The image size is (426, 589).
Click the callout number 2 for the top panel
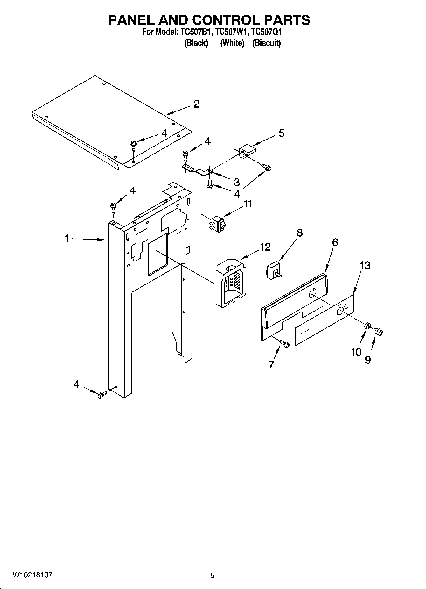point(197,104)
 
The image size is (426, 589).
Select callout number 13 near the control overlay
point(365,265)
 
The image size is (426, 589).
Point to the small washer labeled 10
point(367,326)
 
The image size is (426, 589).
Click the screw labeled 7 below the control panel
point(285,344)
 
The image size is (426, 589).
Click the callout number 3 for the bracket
point(236,182)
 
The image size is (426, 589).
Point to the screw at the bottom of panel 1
point(102,394)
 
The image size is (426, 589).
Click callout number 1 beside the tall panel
point(67,238)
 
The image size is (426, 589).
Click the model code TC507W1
point(231,32)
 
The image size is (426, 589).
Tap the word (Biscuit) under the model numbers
point(267,43)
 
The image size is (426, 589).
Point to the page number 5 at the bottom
point(213,575)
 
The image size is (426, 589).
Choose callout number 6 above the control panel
point(335,242)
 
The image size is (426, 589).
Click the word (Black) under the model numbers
point(196,43)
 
